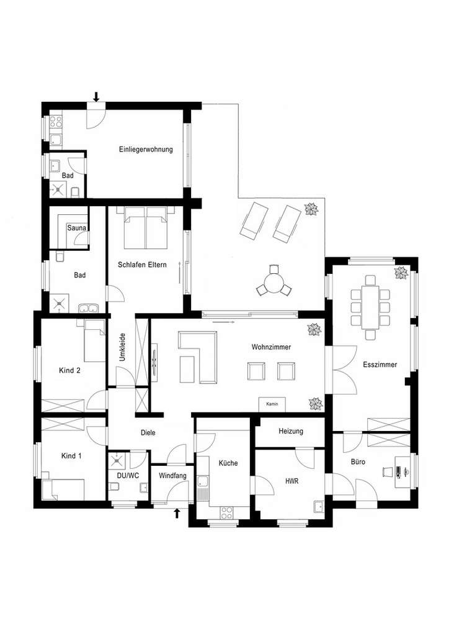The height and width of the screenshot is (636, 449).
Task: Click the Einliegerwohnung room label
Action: coord(146,150)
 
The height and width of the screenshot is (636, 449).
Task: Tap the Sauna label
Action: coord(77,228)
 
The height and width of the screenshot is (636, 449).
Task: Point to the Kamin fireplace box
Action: coord(272,404)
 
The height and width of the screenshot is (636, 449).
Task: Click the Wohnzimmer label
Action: coord(272,347)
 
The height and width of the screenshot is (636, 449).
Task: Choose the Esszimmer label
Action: coord(380,365)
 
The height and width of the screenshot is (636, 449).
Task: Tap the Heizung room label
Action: coord(291,431)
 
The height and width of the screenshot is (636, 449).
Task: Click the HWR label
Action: coord(292,481)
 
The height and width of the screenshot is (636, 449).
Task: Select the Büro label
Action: coord(358,462)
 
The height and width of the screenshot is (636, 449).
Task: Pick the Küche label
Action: coord(228,463)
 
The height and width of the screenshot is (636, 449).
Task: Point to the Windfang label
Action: coord(171,476)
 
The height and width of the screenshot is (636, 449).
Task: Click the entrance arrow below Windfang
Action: coord(178,514)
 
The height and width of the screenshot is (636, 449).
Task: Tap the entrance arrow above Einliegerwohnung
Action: coord(96,96)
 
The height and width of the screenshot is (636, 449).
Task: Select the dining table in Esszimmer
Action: coord(371,306)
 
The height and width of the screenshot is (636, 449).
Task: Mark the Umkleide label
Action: coord(123,348)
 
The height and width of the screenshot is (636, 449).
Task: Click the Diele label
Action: coord(148,434)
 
